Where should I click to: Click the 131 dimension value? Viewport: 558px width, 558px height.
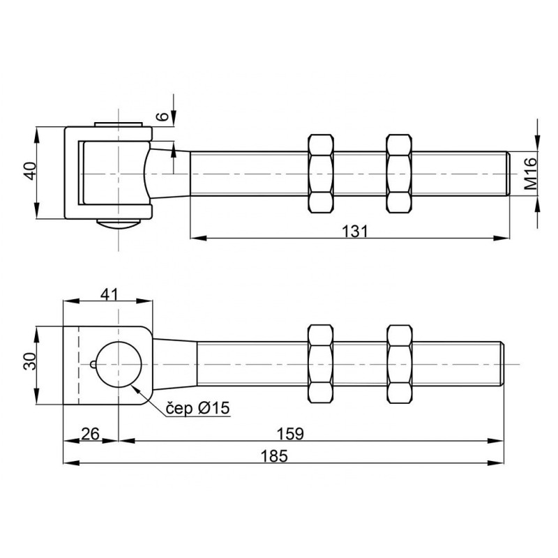354,232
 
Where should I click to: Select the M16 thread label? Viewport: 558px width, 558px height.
531,174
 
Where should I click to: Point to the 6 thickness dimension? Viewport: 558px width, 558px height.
163,116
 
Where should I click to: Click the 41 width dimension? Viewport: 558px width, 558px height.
110,294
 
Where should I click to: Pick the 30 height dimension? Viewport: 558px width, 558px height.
30,361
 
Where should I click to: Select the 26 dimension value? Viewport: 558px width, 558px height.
91,434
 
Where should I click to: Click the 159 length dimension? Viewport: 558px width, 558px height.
290,434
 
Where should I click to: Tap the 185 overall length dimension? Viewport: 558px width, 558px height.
274,456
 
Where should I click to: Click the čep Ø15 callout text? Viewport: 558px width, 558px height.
198,408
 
